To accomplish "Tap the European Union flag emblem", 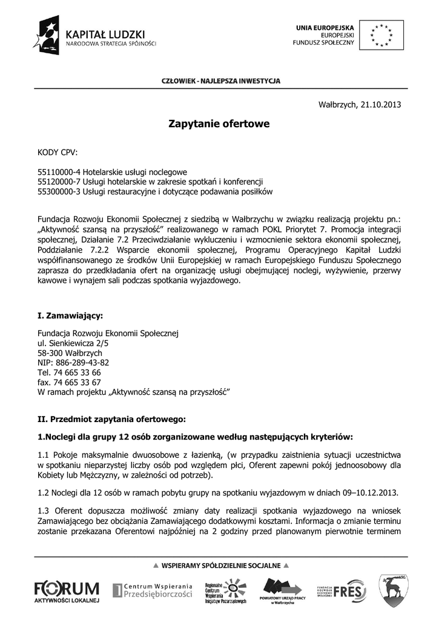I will pos(381,35).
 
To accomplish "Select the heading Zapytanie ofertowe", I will pos(219,124).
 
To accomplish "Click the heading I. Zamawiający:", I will pos(70,315).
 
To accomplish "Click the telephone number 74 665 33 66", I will pos(78,372).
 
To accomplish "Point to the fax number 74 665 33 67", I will pos(78,382).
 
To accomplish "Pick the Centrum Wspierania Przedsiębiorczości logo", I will pos(153,590).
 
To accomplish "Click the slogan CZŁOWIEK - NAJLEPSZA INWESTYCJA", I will pos(220,81).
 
